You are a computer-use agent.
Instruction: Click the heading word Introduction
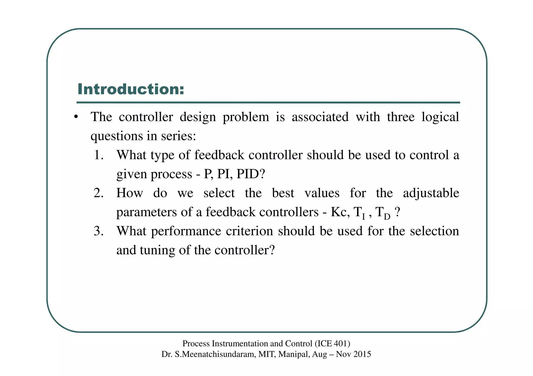(x=131, y=89)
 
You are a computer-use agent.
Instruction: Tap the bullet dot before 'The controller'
(x=76, y=117)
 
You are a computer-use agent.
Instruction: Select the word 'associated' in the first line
(x=320, y=117)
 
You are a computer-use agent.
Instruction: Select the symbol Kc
(x=339, y=212)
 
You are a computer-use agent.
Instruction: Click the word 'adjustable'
(x=431, y=193)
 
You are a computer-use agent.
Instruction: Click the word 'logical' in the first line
(x=440, y=117)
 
